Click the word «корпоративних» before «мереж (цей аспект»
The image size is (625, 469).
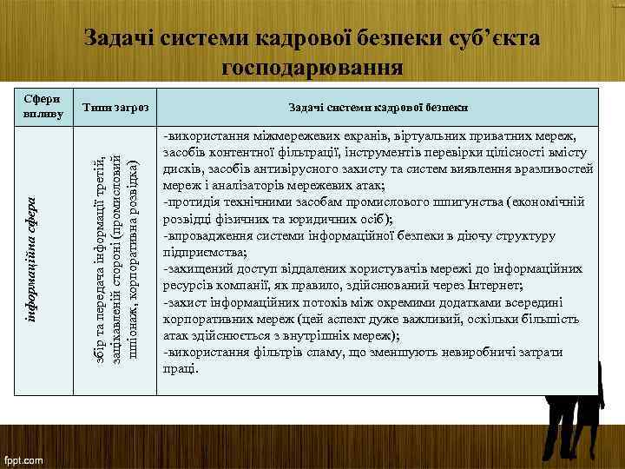click(x=206, y=319)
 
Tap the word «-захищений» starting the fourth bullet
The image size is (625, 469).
click(x=195, y=268)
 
